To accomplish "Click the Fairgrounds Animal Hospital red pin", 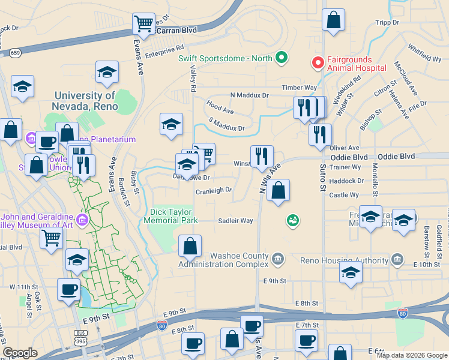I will coord(316,62).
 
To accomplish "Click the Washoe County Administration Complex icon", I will coord(277,259).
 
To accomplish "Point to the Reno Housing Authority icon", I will coord(397,260).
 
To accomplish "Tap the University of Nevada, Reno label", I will coord(84,100).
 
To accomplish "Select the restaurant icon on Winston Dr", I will coord(262,156).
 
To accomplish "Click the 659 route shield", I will coord(15,53).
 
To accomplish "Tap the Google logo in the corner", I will coord(20,353).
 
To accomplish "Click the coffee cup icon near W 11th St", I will coord(68,289).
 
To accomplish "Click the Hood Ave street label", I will coord(220,111).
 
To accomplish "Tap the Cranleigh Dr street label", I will coord(214,191).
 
